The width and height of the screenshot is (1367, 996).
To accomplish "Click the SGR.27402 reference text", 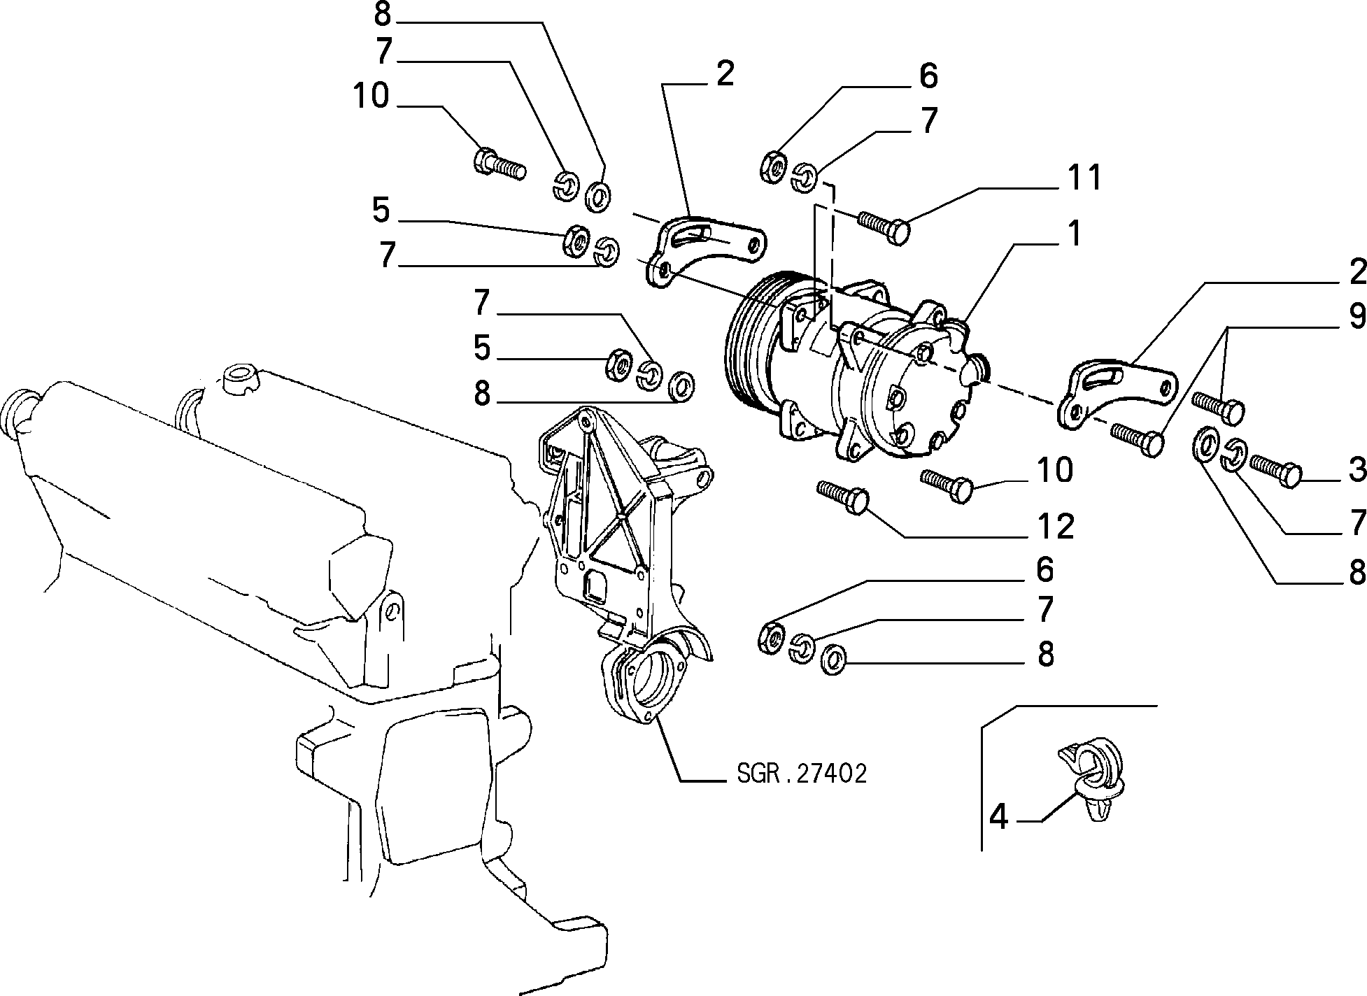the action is tap(802, 774).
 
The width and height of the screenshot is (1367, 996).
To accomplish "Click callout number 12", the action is tap(1056, 527).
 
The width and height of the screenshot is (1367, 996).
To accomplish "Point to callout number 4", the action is tap(999, 817).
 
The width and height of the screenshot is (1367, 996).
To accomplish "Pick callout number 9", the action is tap(1357, 317).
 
